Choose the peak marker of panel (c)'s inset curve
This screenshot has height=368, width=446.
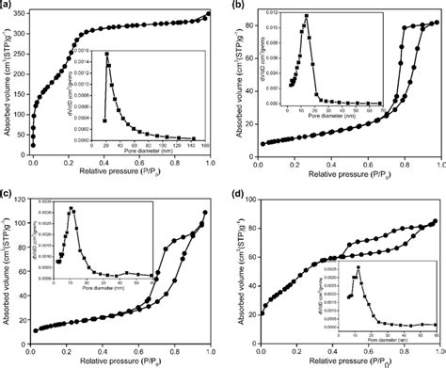71,208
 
